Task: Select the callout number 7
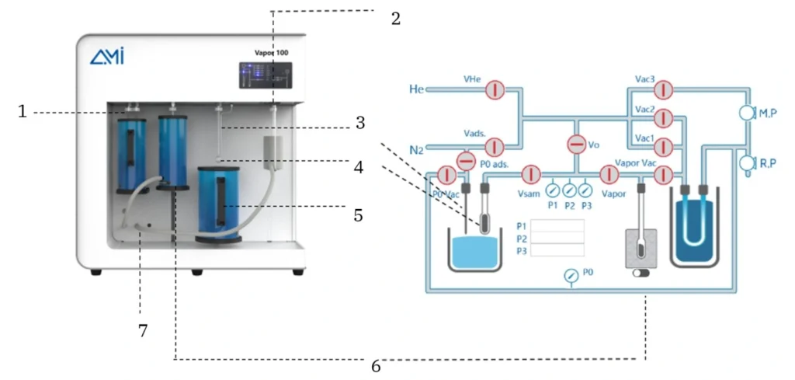142,330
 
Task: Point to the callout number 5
358,215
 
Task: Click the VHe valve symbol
495,90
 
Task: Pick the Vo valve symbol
576,145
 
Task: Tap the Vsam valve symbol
530,174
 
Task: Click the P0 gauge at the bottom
571,274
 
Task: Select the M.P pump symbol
747,113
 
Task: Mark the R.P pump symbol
747,163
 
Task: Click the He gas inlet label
416,90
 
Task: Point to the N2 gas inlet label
416,148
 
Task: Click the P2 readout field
557,238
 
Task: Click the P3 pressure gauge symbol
585,190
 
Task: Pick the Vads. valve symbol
495,145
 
